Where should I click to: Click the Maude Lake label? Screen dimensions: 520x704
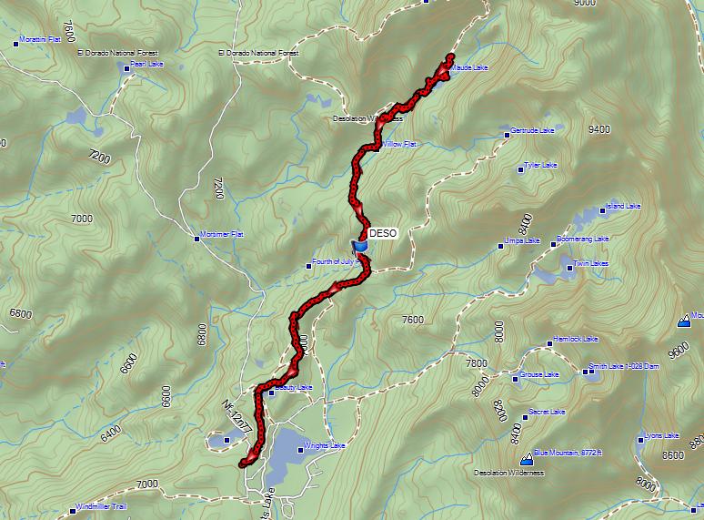(x=468, y=67)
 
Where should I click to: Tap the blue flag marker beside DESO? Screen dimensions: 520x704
(x=360, y=246)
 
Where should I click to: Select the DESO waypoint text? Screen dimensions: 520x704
(x=384, y=233)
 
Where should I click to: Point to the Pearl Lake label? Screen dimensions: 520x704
(x=145, y=66)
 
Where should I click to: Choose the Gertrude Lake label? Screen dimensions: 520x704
(x=532, y=132)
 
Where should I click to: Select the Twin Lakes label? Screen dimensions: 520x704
(x=590, y=263)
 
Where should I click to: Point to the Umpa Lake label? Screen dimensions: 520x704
(x=522, y=241)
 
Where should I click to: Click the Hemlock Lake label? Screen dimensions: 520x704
(x=576, y=341)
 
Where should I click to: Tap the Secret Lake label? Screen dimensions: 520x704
(x=547, y=413)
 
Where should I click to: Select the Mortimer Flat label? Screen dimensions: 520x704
(x=223, y=235)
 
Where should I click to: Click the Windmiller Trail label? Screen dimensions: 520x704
(x=104, y=506)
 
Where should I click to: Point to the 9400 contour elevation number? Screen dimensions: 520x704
(x=599, y=130)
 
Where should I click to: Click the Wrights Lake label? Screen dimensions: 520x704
(x=325, y=446)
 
